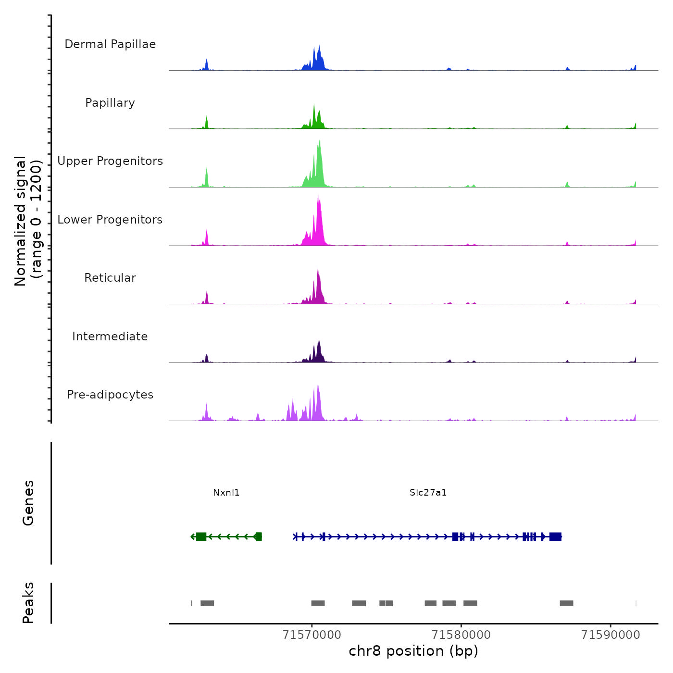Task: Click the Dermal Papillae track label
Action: (x=110, y=44)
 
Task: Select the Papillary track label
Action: (x=110, y=103)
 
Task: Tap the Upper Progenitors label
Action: (x=110, y=161)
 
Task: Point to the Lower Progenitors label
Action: (x=110, y=220)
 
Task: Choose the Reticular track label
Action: (x=110, y=278)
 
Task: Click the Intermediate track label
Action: (x=110, y=336)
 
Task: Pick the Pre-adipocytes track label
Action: (x=110, y=395)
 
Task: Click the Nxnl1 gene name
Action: (x=226, y=492)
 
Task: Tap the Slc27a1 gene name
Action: (x=428, y=492)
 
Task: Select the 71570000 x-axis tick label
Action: (x=312, y=635)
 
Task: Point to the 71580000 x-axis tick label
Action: (x=461, y=635)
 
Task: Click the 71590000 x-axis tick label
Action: (x=611, y=635)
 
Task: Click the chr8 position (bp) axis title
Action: (x=413, y=651)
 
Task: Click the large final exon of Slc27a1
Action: (x=555, y=536)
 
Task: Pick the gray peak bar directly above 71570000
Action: (x=318, y=603)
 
